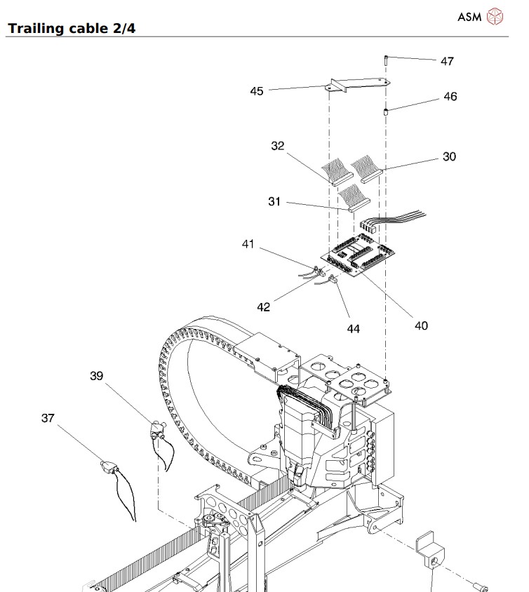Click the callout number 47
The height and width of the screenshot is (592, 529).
tap(446, 61)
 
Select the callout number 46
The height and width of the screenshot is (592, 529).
tap(449, 97)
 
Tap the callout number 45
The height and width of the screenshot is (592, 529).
tap(257, 90)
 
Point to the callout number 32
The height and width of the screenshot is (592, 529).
tap(278, 146)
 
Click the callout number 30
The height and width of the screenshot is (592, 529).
tap(448, 156)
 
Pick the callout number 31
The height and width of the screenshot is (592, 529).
tap(274, 201)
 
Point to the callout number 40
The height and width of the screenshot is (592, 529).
tap(420, 325)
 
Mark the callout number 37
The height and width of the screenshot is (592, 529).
tap(47, 418)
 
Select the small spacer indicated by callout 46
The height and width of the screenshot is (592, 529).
tap(386, 112)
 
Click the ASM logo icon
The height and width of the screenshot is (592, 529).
tap(495, 16)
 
